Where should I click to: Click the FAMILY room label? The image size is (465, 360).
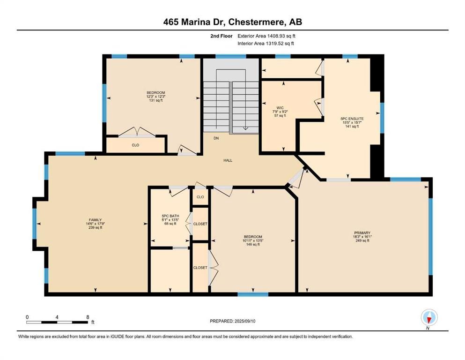point(95,220)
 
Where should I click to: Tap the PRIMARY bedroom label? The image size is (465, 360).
point(362,233)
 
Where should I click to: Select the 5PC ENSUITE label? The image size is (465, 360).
point(352,119)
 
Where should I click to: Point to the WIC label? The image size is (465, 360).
point(280,108)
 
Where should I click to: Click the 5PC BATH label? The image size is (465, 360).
point(170,216)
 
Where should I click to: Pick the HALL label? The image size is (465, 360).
point(228,160)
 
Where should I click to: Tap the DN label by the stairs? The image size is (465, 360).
point(216,138)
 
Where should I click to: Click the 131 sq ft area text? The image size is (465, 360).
point(155,100)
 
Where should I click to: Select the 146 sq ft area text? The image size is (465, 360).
point(253,245)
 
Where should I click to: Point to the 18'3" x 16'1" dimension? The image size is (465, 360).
point(362,237)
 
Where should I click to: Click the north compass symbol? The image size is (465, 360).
point(429,318)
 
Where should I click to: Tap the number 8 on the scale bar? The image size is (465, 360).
point(88,317)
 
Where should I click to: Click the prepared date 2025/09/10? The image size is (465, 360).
point(244,321)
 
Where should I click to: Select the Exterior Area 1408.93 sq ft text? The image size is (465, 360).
point(266,36)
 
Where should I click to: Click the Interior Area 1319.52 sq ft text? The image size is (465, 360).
point(266,43)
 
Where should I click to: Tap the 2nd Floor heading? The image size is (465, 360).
point(221,36)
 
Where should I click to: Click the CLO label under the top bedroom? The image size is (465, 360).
point(135,145)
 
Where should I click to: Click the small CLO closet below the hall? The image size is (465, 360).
point(200,197)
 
